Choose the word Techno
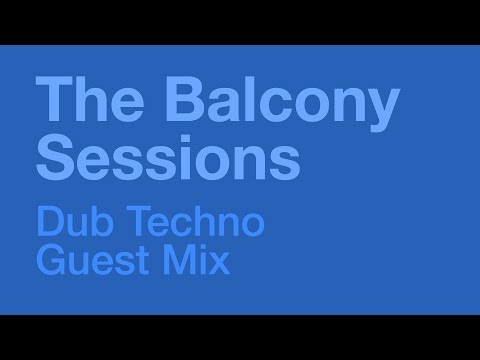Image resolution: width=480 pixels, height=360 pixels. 190,222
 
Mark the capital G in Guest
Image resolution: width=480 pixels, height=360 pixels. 51,262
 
